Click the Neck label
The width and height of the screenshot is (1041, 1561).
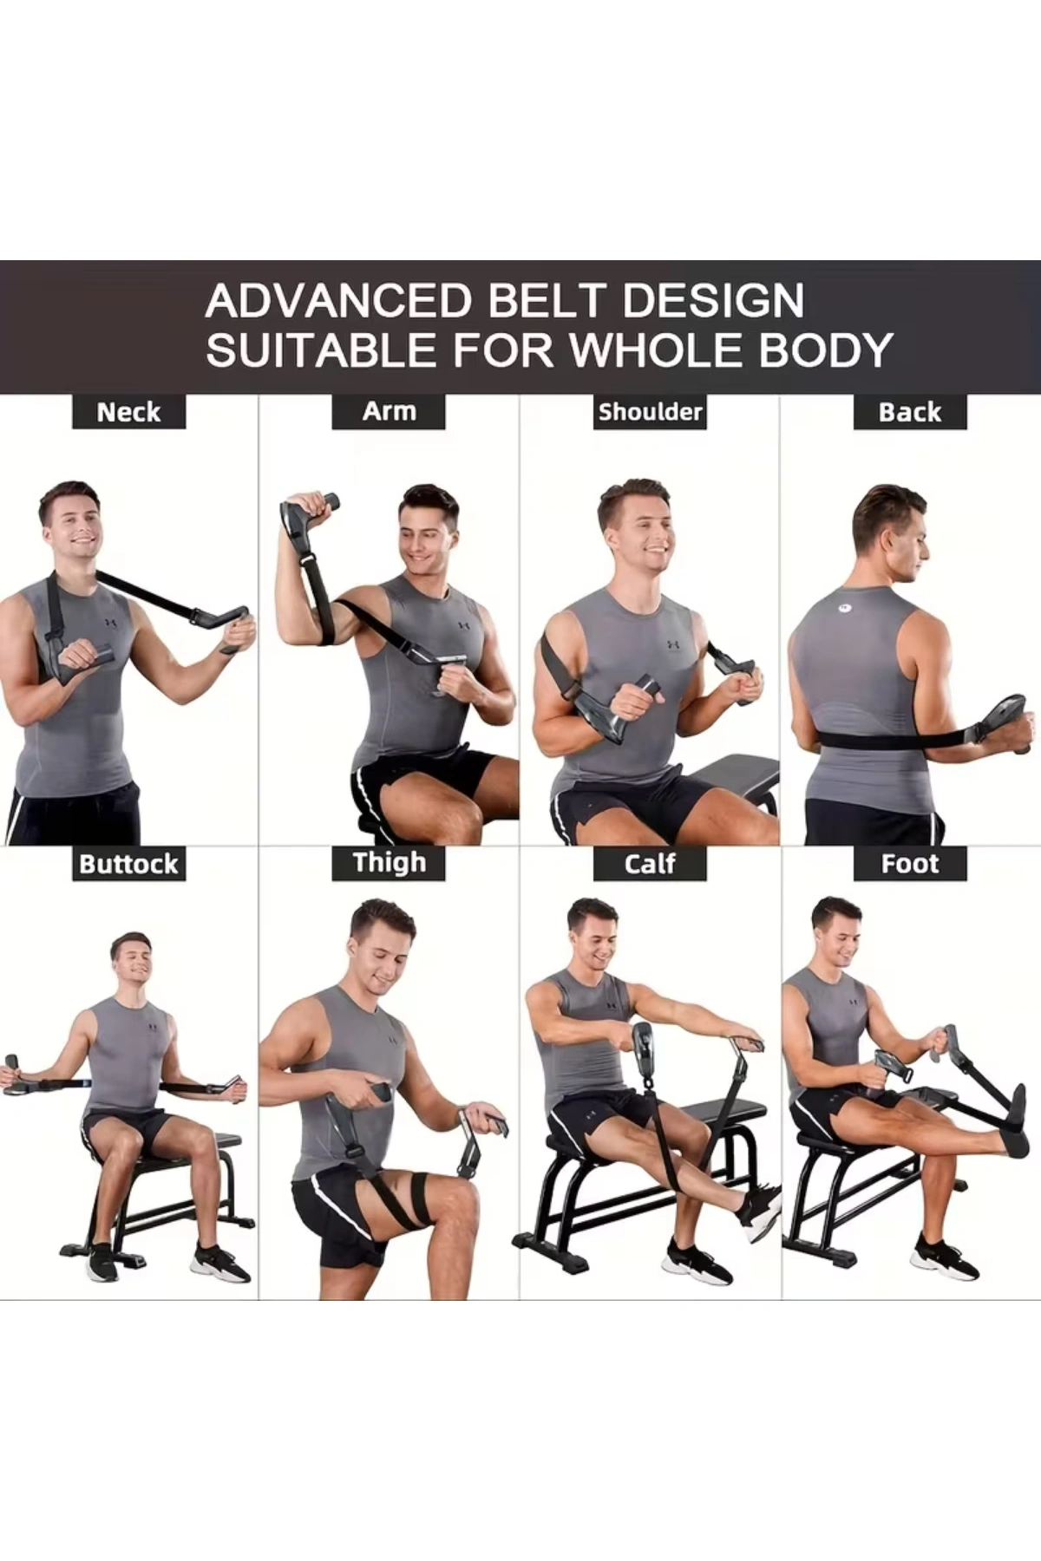point(128,412)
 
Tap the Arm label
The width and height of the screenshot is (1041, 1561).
point(389,411)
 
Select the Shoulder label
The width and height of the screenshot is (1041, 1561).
point(650,412)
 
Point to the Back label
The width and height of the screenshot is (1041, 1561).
point(910,412)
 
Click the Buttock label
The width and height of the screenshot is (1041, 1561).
point(128,864)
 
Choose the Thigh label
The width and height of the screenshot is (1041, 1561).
point(389,863)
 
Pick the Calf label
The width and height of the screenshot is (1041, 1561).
point(650,864)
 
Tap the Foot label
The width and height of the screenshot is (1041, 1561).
point(910,864)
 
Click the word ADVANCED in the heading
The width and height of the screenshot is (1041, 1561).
point(339,301)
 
